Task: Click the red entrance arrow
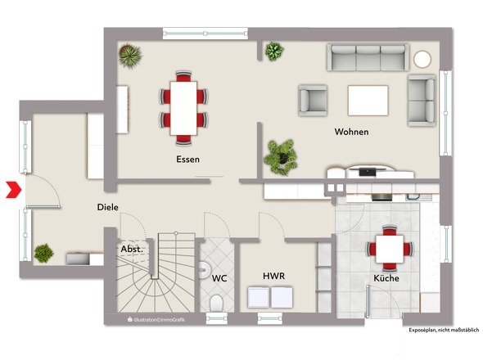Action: (x=14, y=190)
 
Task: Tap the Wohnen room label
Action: (x=351, y=132)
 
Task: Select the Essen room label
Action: (x=188, y=160)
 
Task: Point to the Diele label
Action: (x=107, y=207)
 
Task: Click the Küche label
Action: (x=386, y=278)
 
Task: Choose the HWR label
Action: (x=274, y=276)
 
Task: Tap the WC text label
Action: (x=219, y=278)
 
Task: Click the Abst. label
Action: (x=132, y=249)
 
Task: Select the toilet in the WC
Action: (x=216, y=303)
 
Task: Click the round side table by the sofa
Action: (x=422, y=59)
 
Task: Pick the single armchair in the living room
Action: (x=313, y=101)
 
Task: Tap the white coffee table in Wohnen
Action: (x=368, y=101)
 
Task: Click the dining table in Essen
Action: (x=183, y=108)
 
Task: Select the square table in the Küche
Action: (x=390, y=249)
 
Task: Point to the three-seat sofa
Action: (x=368, y=57)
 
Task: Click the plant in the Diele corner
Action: (x=43, y=253)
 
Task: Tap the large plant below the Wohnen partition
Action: (x=281, y=157)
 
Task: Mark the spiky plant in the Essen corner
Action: (x=130, y=56)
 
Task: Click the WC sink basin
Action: (x=204, y=270)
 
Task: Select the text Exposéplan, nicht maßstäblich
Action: (x=444, y=330)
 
